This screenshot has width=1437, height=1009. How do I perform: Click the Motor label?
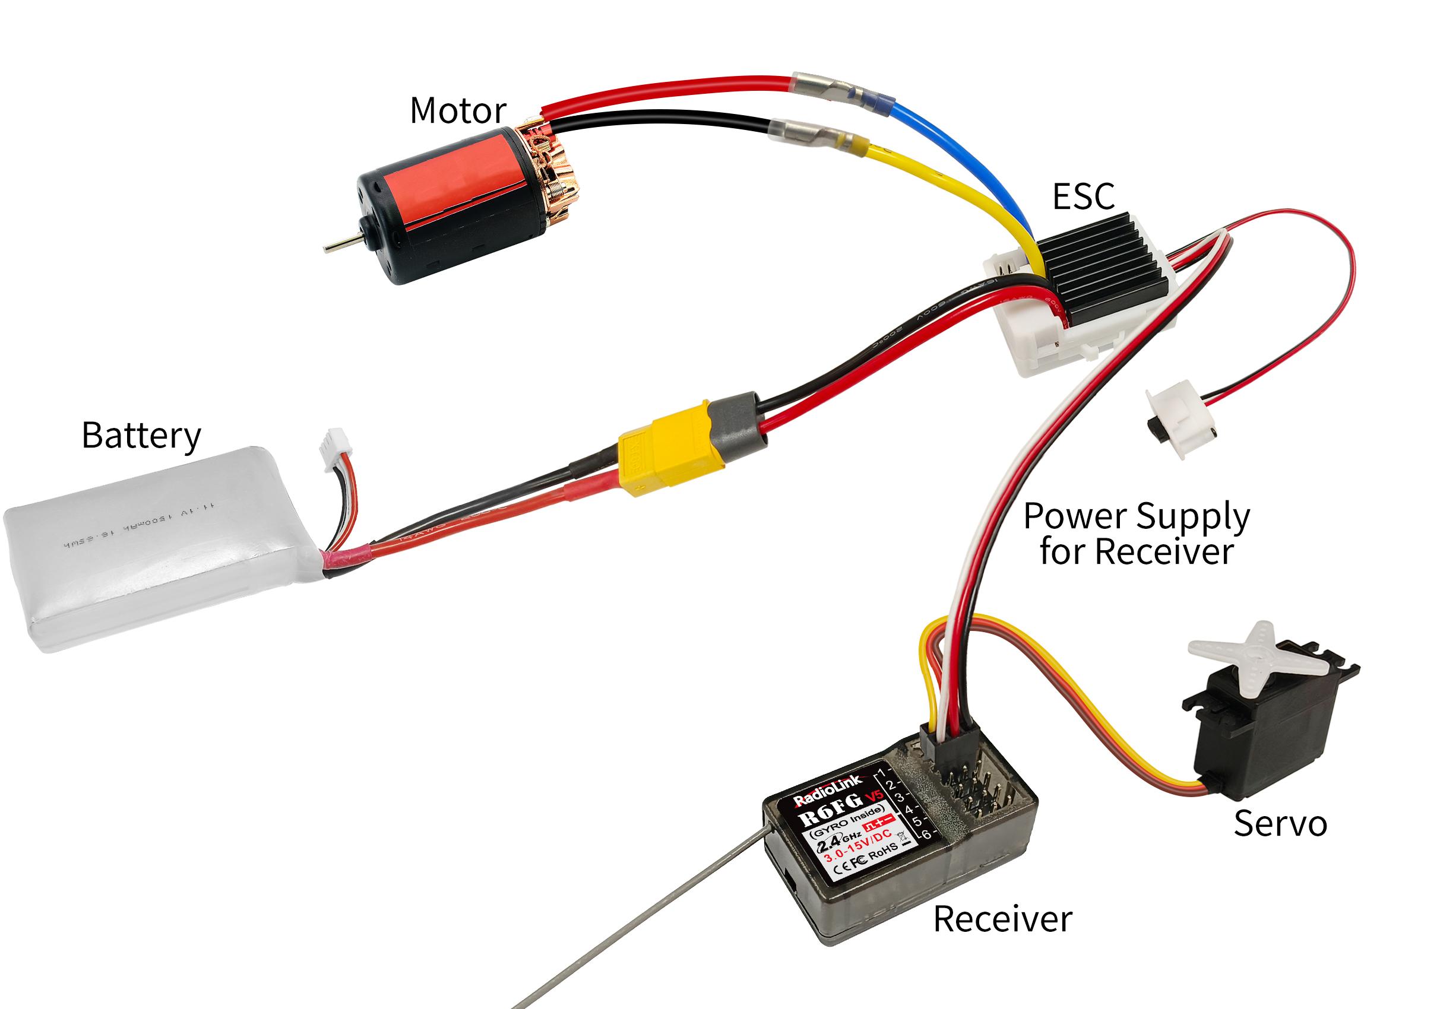[457, 111]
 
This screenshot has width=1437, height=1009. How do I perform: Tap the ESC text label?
[1083, 196]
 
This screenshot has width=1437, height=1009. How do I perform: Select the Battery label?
[141, 436]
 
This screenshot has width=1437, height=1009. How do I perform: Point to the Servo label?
[1280, 824]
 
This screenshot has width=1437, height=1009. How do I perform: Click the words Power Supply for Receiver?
[1136, 534]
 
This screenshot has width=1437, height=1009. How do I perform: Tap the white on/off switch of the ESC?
[1178, 422]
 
